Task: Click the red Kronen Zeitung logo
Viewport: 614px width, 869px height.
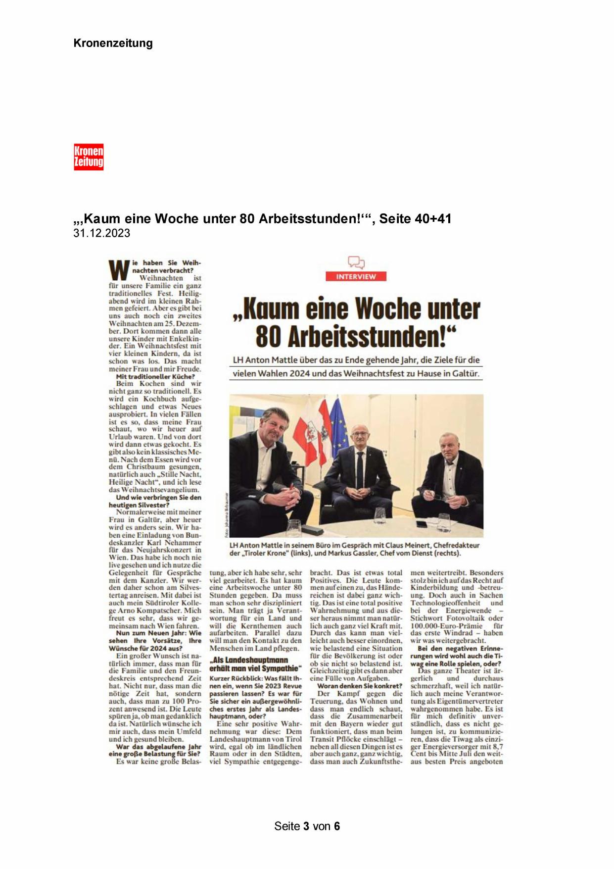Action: coord(89,157)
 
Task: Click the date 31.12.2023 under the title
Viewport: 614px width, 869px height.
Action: coord(101,233)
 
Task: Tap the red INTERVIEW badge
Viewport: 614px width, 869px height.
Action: coord(356,276)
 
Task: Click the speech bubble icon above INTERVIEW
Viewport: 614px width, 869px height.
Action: coord(356,262)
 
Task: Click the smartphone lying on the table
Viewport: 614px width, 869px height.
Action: coord(422,523)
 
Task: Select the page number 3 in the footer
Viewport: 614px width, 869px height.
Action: coord(307,826)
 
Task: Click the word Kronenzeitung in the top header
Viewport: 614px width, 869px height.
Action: coord(113,43)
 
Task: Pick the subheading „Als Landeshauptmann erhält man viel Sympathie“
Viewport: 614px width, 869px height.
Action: coord(255,664)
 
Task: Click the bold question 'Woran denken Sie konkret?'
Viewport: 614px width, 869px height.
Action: coord(360,686)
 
